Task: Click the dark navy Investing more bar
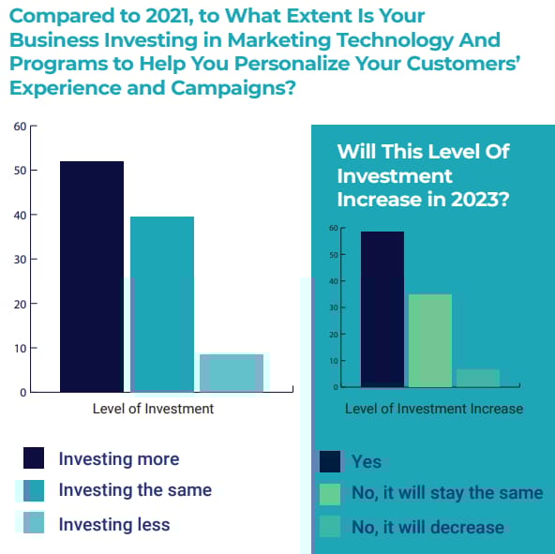[x=92, y=277]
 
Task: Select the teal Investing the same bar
[x=162, y=304]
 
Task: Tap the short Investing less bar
[x=232, y=373]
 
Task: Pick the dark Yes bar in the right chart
[x=382, y=309]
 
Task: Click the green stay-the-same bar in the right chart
[x=430, y=340]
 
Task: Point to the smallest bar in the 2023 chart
[x=478, y=378]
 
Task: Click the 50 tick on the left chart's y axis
[x=21, y=171]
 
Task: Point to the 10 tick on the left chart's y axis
[x=21, y=349]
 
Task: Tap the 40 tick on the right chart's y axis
[x=334, y=281]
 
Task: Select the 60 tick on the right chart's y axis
[x=334, y=228]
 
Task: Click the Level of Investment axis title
[x=153, y=409]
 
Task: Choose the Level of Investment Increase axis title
[x=434, y=409]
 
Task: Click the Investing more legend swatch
[x=34, y=457]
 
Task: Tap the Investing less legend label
[x=114, y=524]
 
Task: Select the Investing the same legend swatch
[x=34, y=490]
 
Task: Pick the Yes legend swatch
[x=330, y=461]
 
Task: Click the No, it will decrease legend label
[x=427, y=527]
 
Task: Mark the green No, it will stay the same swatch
[x=330, y=494]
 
